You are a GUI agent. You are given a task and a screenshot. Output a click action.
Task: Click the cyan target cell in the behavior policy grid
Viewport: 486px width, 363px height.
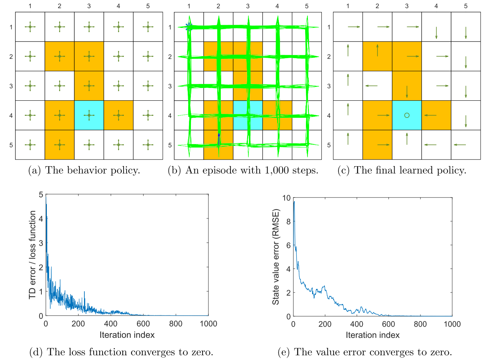[89, 115]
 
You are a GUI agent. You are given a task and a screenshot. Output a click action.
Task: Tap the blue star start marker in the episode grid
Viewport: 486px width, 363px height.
[189, 27]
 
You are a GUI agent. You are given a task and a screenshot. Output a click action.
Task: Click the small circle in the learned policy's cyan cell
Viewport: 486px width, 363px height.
[407, 115]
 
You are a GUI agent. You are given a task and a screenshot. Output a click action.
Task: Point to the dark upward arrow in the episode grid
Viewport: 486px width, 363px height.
[219, 139]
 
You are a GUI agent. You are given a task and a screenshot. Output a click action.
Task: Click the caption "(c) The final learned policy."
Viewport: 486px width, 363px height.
[402, 171]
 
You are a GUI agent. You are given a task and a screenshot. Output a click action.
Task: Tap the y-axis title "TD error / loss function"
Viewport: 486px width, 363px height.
[33, 255]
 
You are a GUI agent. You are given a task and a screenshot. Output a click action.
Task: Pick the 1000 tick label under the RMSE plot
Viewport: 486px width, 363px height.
[452, 324]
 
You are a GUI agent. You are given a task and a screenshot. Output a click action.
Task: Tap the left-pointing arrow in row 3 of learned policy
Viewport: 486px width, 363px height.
[371, 86]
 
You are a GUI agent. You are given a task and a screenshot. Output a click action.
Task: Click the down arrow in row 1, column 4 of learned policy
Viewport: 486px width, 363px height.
[436, 32]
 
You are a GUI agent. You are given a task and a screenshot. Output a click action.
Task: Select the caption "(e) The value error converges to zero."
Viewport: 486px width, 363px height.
[365, 353]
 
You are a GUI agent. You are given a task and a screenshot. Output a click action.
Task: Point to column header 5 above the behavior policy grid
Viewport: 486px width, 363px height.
[148, 6]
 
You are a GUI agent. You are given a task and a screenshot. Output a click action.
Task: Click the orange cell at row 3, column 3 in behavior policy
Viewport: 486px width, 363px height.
[89, 86]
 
